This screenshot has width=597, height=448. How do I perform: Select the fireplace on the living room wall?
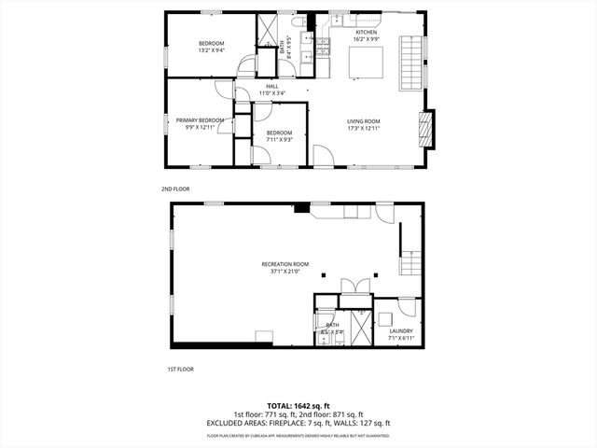[x=425, y=128]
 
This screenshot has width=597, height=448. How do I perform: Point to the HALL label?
[x=271, y=88]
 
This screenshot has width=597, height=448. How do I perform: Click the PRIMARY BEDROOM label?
[x=201, y=120]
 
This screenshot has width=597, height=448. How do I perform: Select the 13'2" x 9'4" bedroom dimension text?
[x=211, y=51]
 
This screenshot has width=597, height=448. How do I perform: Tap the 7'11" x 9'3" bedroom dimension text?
[x=279, y=140]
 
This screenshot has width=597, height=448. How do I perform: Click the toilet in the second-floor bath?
[x=298, y=21]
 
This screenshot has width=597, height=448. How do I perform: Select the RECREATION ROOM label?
[x=285, y=264]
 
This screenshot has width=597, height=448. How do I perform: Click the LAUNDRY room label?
[x=401, y=330]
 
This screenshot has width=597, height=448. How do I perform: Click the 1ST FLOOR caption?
[x=180, y=369]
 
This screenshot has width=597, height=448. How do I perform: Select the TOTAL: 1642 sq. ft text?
[x=298, y=404]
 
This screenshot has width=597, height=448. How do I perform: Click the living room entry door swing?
[x=321, y=156]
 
